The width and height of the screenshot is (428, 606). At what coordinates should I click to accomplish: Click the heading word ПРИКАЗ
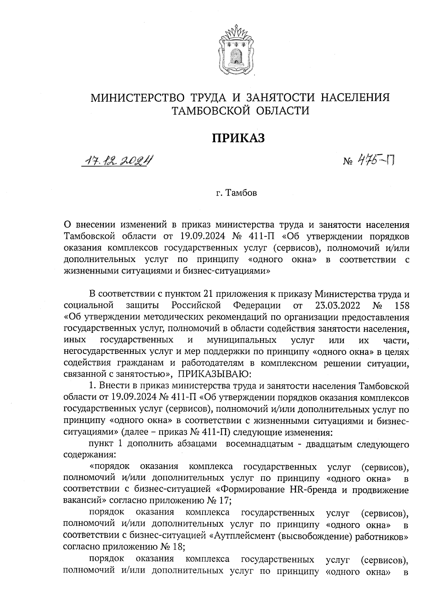[239, 138]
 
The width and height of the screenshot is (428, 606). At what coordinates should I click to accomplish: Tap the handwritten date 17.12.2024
[118, 161]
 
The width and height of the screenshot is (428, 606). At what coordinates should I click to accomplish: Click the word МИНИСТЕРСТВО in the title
[137, 97]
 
